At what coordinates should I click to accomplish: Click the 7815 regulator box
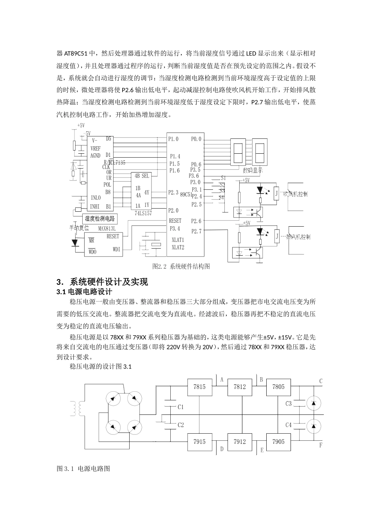coord(199,387)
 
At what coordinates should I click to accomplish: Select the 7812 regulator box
coord(240,387)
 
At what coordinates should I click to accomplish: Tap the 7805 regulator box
coord(279,387)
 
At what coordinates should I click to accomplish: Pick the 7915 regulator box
coord(199,442)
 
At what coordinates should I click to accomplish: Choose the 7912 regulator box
coord(240,442)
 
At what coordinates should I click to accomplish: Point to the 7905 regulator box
coord(279,442)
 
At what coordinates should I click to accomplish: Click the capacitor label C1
coord(181,407)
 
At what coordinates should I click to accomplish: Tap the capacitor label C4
coord(289,425)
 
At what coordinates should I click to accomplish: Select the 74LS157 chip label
coord(143,213)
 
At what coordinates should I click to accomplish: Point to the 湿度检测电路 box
coord(100,219)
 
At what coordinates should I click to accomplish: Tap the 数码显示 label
coord(253,171)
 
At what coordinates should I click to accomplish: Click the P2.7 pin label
coord(197,231)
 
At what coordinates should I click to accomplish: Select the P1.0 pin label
coord(173,139)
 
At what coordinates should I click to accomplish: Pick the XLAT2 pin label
coord(178,247)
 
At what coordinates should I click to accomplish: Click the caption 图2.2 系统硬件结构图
coord(181,266)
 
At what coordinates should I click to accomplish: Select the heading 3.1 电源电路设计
coord(85,292)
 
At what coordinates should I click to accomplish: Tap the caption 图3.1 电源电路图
coord(83,468)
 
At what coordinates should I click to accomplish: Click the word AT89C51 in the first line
coord(77,53)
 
